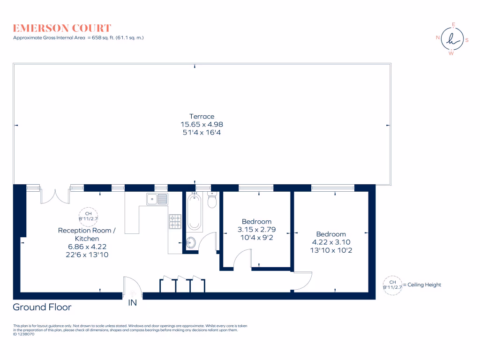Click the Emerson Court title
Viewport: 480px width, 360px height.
point(62,28)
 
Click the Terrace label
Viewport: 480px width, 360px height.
point(202,116)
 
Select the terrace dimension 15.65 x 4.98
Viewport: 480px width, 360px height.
point(202,124)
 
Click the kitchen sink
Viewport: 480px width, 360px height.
point(157,199)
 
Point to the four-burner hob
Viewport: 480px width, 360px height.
point(175,221)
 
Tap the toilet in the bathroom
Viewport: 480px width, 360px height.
point(212,201)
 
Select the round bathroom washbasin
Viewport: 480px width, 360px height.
point(191,242)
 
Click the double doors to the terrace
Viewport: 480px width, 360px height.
point(55,196)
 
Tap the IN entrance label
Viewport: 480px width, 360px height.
point(133,303)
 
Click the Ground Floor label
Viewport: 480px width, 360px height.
point(42,307)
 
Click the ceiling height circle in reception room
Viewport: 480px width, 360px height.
point(88,216)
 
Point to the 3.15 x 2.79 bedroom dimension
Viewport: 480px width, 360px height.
point(256,230)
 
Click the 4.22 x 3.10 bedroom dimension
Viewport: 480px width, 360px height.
point(331,242)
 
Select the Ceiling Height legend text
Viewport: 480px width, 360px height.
point(424,285)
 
